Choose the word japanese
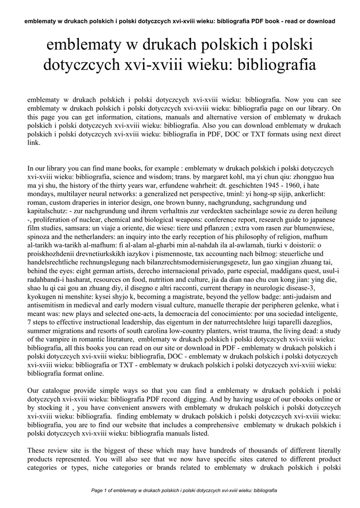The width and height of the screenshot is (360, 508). (x=319, y=220)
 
